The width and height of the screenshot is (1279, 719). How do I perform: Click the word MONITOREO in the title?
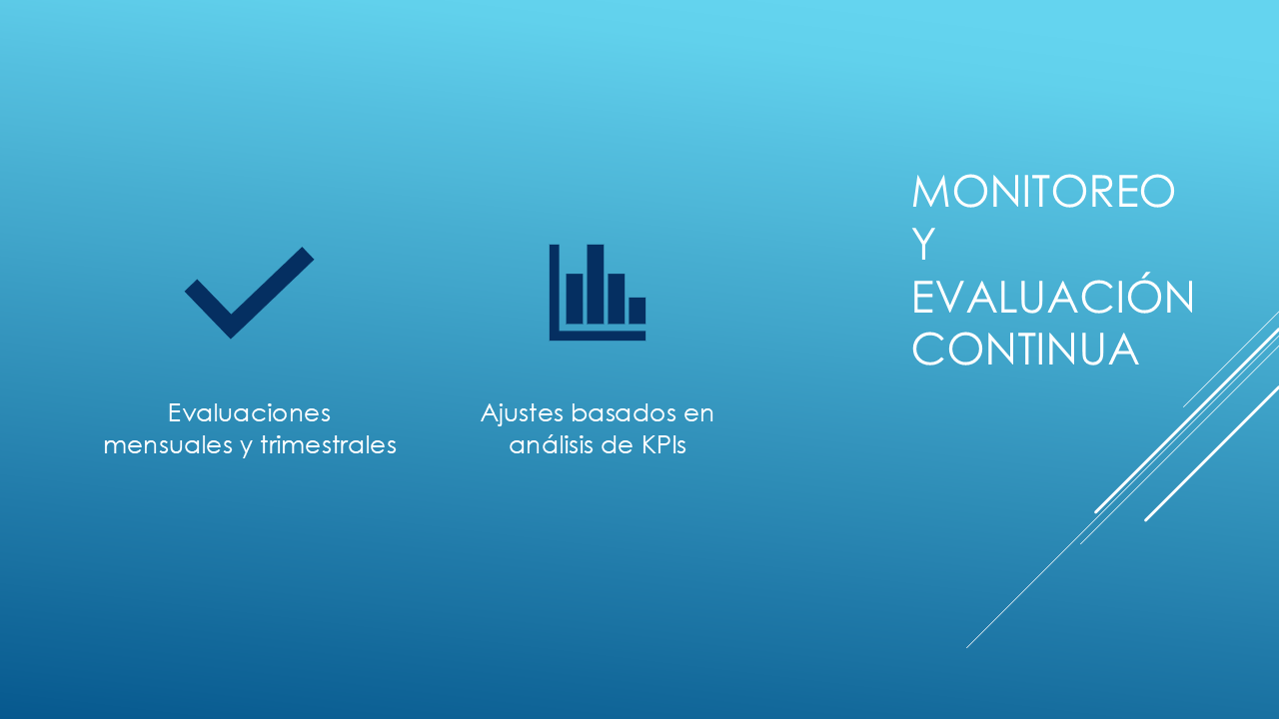click(1043, 192)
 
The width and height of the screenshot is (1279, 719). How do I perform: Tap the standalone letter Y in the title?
click(923, 245)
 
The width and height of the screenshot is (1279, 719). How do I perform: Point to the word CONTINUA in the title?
click(1025, 349)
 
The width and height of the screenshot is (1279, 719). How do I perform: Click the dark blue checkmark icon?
click(249, 293)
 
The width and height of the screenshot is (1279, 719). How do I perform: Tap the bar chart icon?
click(598, 293)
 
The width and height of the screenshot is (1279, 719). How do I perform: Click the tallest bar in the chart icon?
click(595, 285)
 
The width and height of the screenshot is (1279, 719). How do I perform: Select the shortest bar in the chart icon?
click(638, 311)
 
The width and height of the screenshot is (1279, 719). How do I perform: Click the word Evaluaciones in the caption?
click(249, 412)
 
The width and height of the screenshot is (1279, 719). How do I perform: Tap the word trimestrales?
click(329, 445)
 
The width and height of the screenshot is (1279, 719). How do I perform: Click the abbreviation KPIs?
click(663, 445)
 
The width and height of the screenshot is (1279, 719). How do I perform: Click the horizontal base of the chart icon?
click(598, 337)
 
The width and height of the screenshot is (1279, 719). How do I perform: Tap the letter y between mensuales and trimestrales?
click(247, 448)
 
